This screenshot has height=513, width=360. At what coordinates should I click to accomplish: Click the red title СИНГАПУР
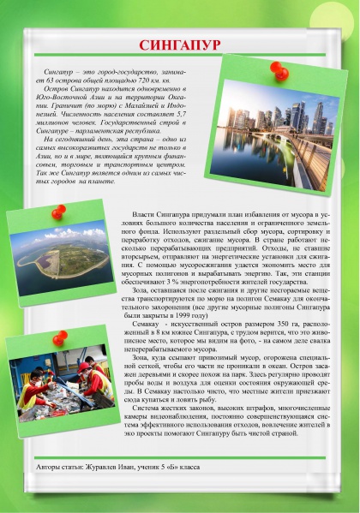point(180,43)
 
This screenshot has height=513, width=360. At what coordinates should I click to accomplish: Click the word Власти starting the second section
point(144,212)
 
